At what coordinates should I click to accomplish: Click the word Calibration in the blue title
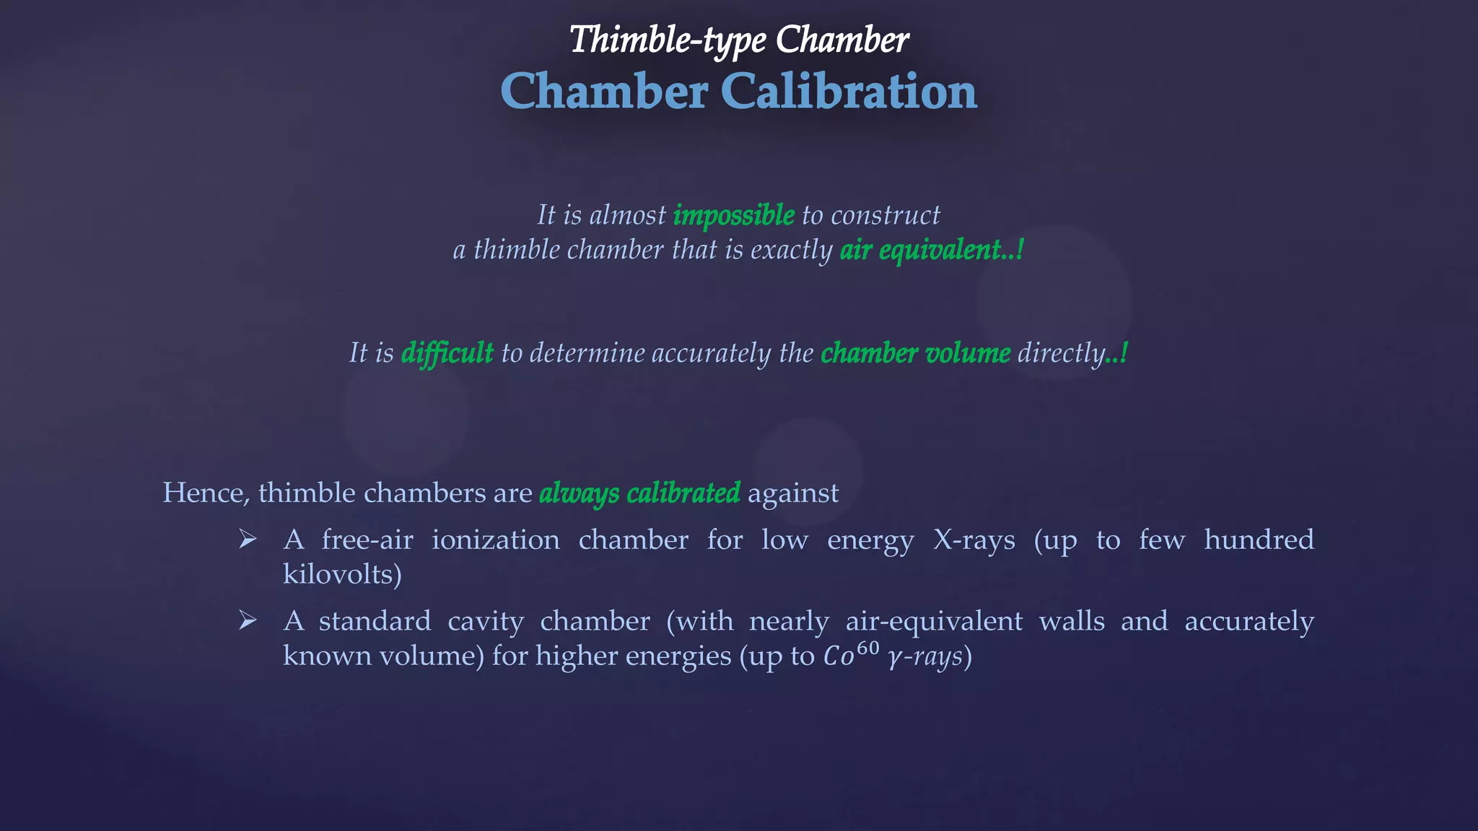849,92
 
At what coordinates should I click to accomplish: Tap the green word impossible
733,216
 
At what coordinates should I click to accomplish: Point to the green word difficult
447,353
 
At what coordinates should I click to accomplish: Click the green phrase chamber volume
915,353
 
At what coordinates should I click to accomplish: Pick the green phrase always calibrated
639,493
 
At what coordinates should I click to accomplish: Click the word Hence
205,493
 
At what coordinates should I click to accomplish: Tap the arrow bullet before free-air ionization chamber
248,539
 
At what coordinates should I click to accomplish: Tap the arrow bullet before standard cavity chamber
248,620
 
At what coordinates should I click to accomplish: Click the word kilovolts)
342,575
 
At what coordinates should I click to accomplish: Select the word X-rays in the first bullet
974,540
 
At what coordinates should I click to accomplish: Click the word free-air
367,540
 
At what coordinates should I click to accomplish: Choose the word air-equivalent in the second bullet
934,621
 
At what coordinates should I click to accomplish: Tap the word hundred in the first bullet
1259,540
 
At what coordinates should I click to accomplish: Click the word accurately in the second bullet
1249,621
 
